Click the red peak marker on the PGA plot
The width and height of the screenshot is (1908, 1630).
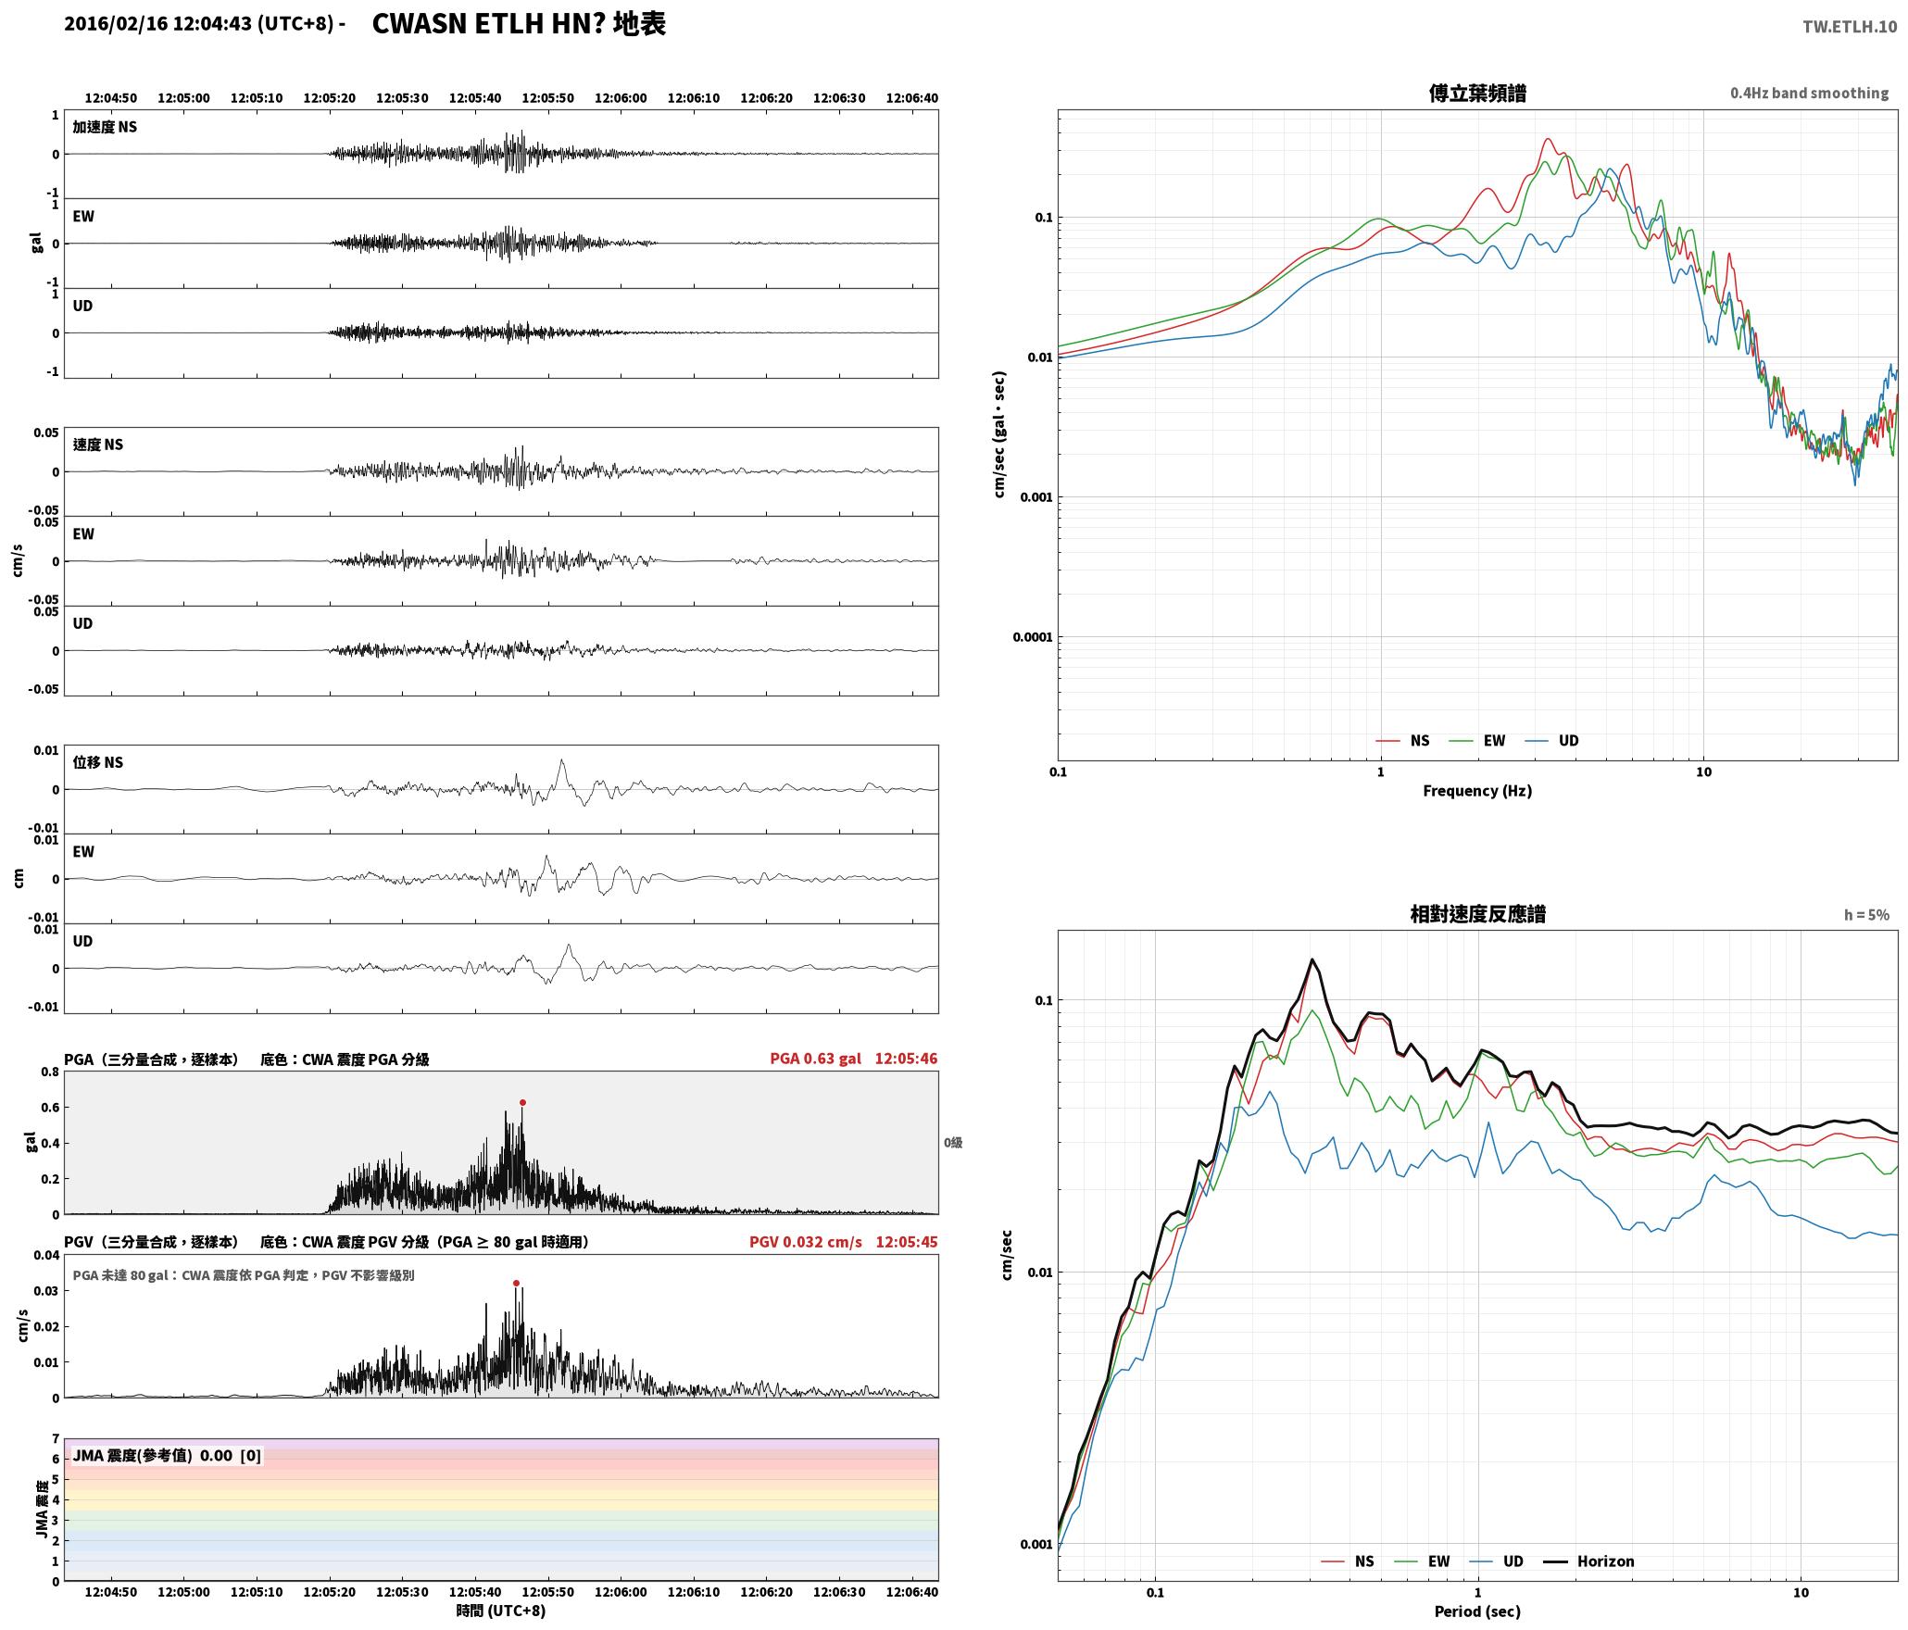[522, 1102]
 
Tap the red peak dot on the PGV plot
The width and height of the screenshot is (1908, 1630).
[516, 1283]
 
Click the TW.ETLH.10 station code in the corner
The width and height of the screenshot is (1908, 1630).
[1849, 27]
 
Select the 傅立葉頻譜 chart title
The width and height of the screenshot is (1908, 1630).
[1477, 94]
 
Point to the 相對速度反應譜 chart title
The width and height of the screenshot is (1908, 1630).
[1477, 914]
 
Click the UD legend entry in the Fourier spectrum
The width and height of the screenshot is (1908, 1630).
[1552, 741]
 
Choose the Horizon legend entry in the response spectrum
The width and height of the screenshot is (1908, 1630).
[1588, 1561]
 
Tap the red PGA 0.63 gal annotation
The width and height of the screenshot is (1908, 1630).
[815, 1059]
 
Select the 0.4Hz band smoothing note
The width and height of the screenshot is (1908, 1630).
[1809, 94]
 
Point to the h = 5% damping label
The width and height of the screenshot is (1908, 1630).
[1866, 915]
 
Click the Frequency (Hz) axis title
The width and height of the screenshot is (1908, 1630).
[1477, 791]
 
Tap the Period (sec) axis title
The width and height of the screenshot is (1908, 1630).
[1477, 1611]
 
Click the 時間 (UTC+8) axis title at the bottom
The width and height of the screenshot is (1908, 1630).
[500, 1611]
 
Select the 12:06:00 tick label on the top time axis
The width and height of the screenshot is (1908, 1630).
[621, 98]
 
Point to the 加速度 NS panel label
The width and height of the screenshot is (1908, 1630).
[105, 127]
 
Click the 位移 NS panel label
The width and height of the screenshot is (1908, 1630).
[98, 762]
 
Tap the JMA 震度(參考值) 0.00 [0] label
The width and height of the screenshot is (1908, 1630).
[167, 1456]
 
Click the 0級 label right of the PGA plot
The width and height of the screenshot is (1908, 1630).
[953, 1143]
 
